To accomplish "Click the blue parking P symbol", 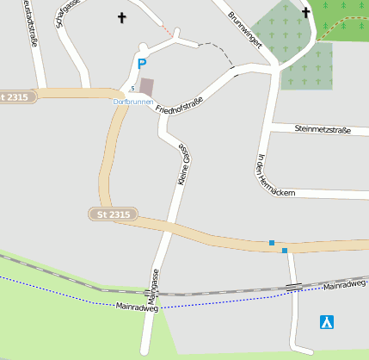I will coord(142,64).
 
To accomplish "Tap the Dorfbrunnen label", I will coord(133,102).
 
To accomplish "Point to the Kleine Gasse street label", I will coord(182,164).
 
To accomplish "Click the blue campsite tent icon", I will coord(327,322).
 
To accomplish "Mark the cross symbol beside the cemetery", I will coord(306,13).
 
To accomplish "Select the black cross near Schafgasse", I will coord(121,17).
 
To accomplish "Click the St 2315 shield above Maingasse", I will coord(114,214).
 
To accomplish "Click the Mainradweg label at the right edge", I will coord(346,283).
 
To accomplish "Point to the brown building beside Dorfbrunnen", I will coord(147,87).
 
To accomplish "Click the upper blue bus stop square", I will coord(272,243).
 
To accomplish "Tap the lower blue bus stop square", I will coord(285,251).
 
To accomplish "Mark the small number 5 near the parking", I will coord(132,89).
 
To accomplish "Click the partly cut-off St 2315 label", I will coord(17,96).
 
